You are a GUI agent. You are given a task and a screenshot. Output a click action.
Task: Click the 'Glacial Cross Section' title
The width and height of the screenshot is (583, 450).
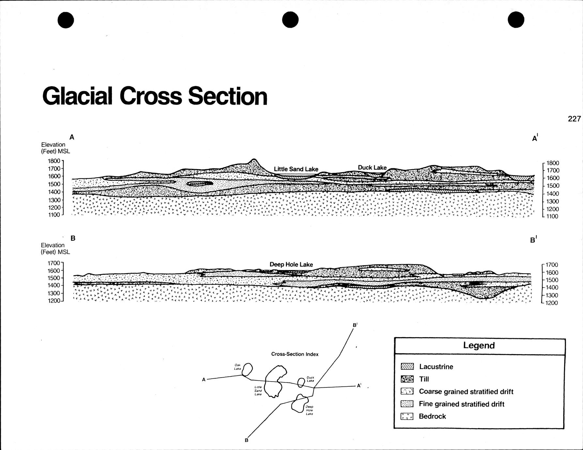[x=155, y=96]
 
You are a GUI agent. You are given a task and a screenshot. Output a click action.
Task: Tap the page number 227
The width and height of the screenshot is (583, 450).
[x=574, y=119]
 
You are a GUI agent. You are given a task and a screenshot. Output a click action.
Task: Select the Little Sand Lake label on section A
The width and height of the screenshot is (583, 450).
[x=296, y=169]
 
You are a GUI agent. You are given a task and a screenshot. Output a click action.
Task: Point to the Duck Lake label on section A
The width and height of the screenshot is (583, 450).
[x=372, y=168]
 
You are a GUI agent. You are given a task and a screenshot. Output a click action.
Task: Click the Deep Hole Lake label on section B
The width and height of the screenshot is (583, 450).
[x=291, y=264]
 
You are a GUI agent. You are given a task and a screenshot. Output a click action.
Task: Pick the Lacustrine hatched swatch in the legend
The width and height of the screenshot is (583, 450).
[x=407, y=367]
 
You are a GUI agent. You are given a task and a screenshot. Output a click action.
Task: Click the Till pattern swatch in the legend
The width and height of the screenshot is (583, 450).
[x=407, y=379]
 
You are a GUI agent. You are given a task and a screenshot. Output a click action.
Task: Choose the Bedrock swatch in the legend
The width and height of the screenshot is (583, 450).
[x=407, y=416]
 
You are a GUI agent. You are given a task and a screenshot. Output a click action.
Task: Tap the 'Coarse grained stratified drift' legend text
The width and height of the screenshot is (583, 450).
[x=466, y=392]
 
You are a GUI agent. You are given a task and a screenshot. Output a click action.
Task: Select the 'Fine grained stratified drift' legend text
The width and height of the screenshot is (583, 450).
[x=461, y=404]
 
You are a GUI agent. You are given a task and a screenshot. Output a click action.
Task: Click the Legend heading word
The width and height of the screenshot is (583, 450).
[x=479, y=346]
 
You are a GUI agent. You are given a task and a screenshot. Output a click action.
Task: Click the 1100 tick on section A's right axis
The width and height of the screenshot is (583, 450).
[x=552, y=217]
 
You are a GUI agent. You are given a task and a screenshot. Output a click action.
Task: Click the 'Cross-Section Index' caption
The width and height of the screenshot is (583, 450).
[x=295, y=354]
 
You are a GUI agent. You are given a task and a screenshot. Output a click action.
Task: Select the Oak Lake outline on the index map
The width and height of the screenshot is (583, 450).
[x=247, y=369]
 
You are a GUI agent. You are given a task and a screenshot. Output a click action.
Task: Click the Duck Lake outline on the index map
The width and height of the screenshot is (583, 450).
[x=301, y=382]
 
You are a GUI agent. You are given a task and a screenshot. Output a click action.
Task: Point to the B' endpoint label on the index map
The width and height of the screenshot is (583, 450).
[x=355, y=325]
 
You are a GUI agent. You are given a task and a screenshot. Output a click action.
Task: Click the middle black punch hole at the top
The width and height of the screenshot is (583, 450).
[x=290, y=20]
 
